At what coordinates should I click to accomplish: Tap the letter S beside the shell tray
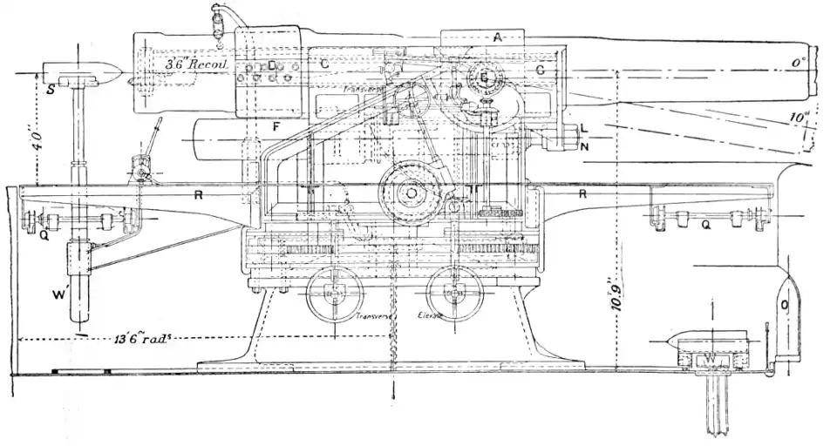click(x=51, y=87)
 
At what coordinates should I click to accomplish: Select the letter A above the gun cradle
click(x=497, y=37)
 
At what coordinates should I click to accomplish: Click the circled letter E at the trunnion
click(x=485, y=78)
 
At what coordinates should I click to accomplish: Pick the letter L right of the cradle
click(x=585, y=128)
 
